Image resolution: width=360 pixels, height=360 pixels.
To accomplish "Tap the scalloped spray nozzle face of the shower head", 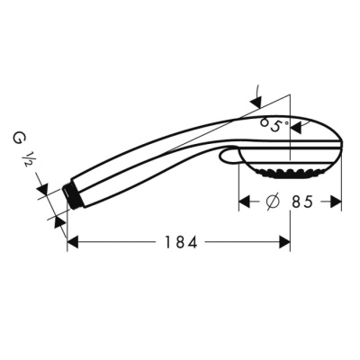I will click(290, 173).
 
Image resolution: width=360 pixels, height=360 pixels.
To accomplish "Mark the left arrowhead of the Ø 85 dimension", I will click(244, 202).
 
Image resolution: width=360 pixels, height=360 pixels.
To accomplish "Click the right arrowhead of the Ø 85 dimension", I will click(337, 202).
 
